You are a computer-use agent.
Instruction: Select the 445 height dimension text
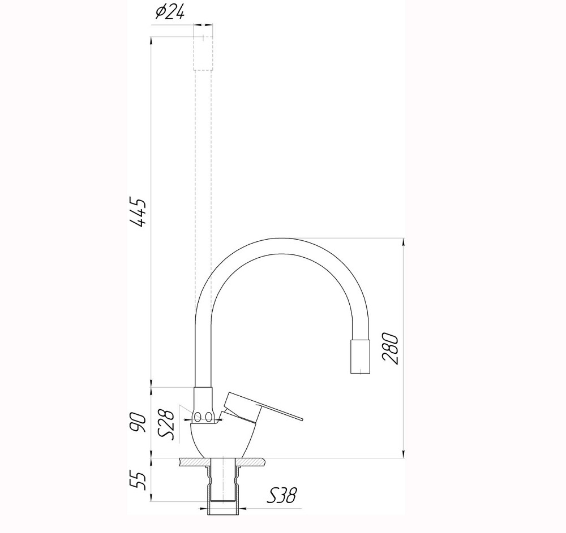click(x=138, y=213)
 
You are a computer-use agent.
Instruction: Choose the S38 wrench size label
click(x=282, y=496)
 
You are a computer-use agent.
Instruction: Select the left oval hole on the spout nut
click(x=198, y=417)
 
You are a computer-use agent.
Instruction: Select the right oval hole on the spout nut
click(x=209, y=417)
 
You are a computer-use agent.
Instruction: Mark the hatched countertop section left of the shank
click(x=192, y=462)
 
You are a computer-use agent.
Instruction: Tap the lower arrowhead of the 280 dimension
click(x=403, y=454)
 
